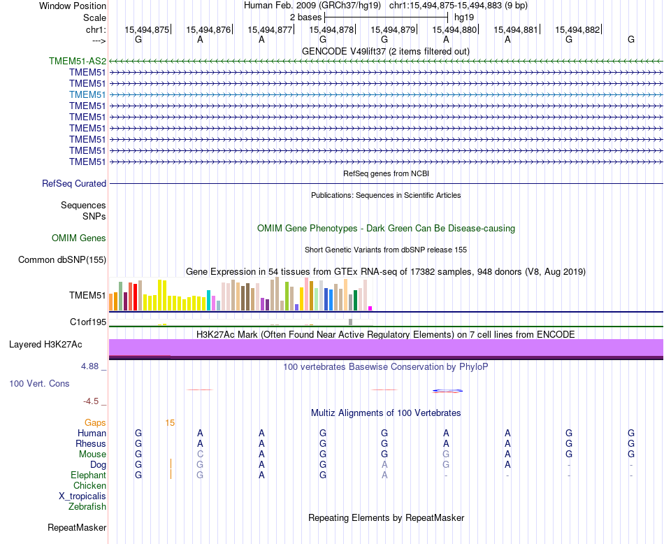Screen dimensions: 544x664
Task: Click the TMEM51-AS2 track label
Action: [x=78, y=61]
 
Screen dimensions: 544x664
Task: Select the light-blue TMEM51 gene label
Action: [x=87, y=94]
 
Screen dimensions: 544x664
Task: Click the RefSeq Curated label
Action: [x=74, y=184]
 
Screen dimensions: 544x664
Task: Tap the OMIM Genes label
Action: [x=79, y=238]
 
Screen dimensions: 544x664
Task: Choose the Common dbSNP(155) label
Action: [x=62, y=260]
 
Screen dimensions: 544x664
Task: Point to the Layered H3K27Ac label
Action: [x=45, y=345]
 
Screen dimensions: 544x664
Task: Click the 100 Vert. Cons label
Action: [x=39, y=384]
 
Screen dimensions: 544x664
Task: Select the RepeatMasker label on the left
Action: [x=77, y=527]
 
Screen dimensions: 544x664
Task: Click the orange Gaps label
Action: [x=95, y=422]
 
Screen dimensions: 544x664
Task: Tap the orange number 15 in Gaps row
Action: [x=170, y=422]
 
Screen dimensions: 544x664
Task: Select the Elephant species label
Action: [x=87, y=475]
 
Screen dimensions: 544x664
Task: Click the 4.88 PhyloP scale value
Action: [x=92, y=366]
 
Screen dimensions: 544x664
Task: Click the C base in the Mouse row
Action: [x=200, y=454]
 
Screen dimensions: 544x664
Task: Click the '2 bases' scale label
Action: [x=305, y=17]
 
